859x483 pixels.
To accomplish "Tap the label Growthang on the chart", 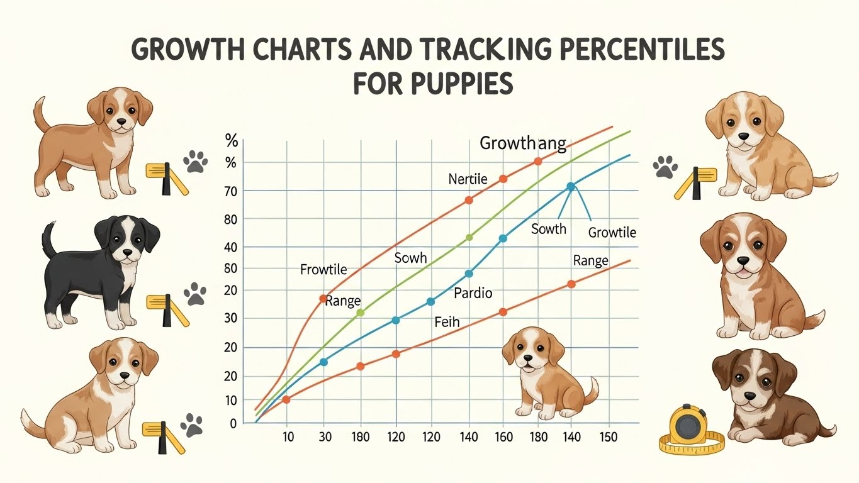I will pos(522,143).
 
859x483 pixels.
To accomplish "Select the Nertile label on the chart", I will pos(468,179).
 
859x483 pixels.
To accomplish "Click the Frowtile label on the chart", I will pos(323,270).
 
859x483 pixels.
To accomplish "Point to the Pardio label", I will pos(473,293).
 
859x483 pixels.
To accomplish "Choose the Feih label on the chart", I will pos(447,323).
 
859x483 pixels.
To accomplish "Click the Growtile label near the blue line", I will pos(612,233).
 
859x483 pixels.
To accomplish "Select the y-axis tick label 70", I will pos(231,191).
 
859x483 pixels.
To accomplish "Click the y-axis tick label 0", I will pos(233,423).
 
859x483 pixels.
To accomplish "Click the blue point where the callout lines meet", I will pos(571,186).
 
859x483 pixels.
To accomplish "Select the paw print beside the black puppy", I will pos(195,294).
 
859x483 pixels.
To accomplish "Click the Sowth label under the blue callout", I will pos(549,229).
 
